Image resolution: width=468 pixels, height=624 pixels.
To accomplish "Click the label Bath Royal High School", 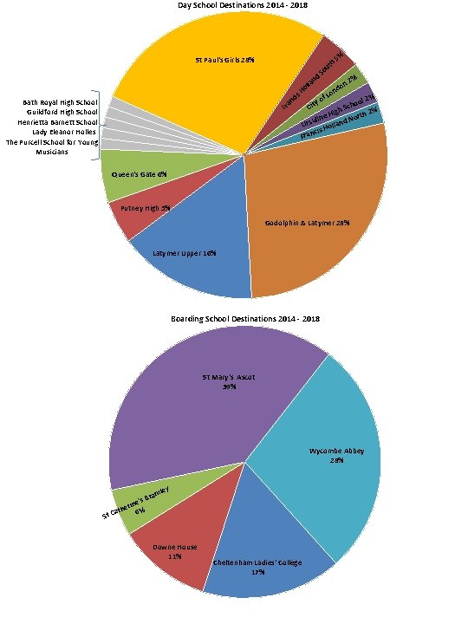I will (x=60, y=102).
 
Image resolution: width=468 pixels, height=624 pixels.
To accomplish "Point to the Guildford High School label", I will (x=62, y=112).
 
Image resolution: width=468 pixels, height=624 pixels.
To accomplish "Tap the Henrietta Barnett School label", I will (x=57, y=122).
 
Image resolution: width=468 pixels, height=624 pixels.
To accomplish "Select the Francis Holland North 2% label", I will (x=339, y=125).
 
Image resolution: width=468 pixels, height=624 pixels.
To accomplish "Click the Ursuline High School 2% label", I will (x=337, y=111).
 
